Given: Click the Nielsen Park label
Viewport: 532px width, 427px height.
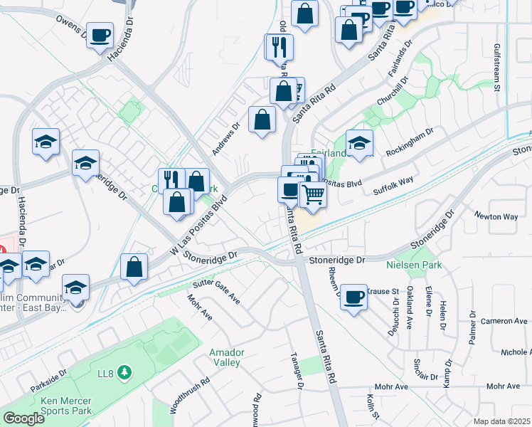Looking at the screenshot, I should (x=413, y=265).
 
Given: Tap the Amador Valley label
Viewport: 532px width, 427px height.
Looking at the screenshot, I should (x=227, y=357).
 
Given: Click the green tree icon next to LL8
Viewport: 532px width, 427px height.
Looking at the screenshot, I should (x=125, y=371).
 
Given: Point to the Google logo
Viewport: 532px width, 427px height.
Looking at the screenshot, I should (x=23, y=418).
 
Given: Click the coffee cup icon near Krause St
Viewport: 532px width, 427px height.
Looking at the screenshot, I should (x=353, y=297).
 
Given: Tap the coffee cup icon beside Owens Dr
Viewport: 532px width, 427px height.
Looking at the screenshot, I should (x=100, y=35).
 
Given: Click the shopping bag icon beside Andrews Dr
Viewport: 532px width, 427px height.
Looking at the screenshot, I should (x=262, y=120).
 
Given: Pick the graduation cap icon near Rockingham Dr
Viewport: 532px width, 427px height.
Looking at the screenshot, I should (x=359, y=143).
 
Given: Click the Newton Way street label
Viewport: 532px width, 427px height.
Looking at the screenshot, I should (x=496, y=216).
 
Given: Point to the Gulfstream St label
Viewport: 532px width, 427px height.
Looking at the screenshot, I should (x=498, y=67).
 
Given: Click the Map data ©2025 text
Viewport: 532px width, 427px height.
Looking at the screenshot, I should (x=501, y=421).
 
